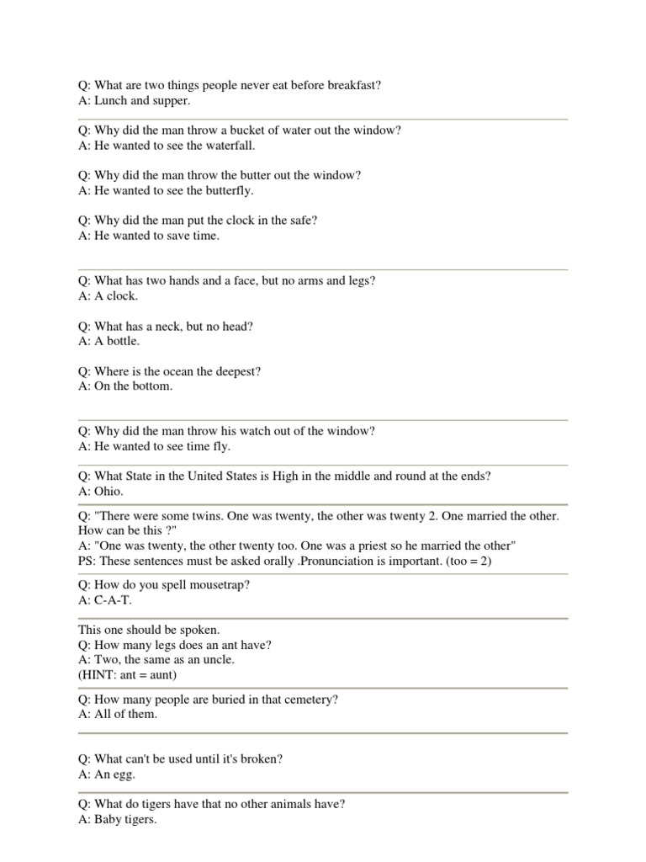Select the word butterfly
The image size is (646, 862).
(227, 190)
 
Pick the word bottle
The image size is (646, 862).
(120, 341)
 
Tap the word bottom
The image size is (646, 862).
(151, 386)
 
